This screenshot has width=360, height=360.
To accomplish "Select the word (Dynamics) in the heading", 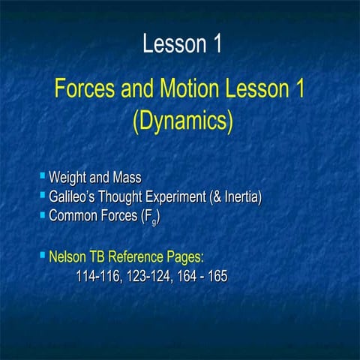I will (x=182, y=120).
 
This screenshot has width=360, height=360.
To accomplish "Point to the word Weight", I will (x=67, y=179).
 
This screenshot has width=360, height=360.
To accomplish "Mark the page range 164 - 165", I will (x=201, y=277).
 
